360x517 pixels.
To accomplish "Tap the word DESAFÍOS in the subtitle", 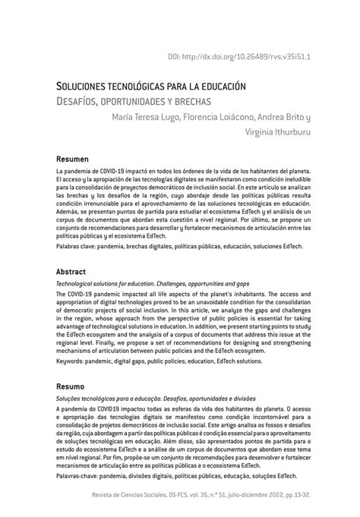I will [x=81, y=100].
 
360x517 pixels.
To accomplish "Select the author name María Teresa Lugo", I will [x=149, y=118].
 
